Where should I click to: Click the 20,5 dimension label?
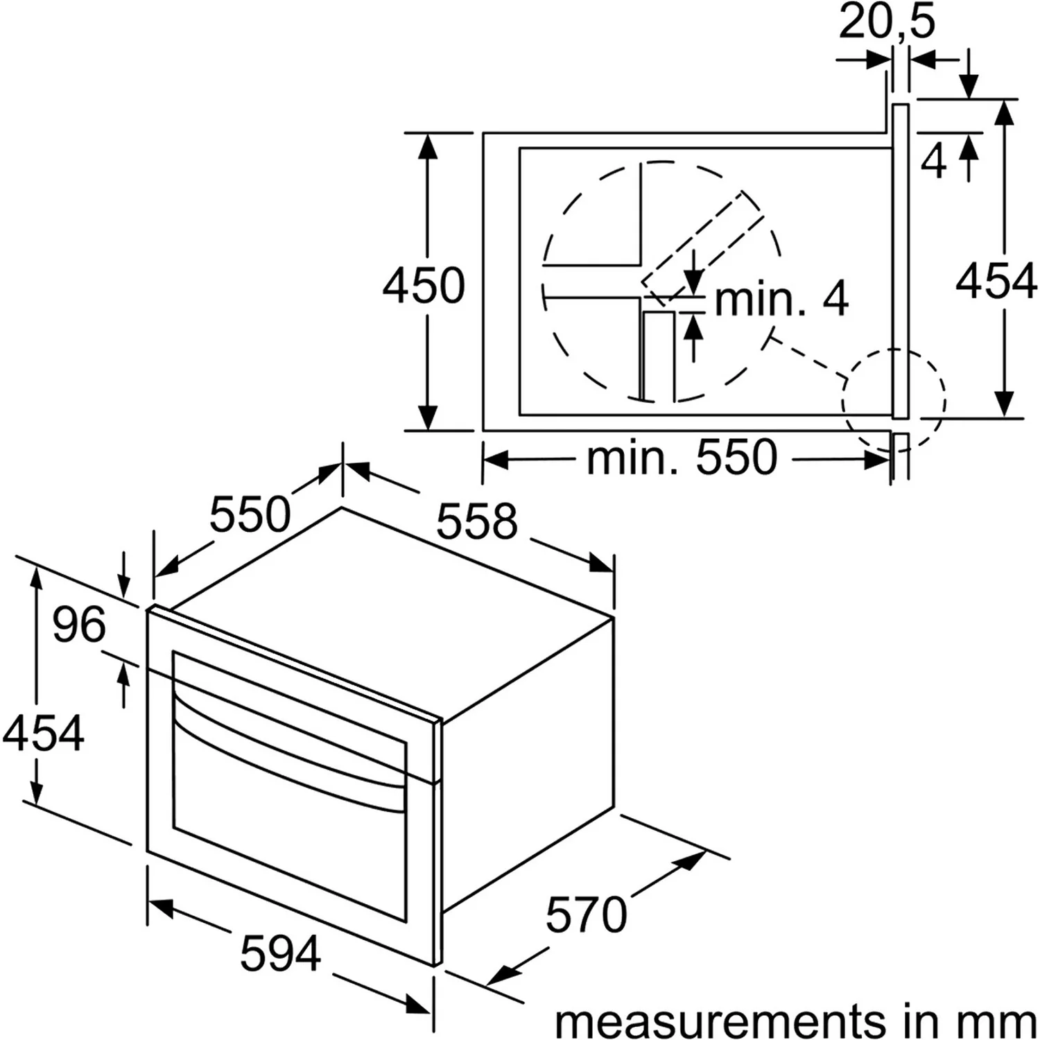point(887,22)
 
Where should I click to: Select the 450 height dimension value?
point(424,285)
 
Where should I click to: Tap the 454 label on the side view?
point(996,282)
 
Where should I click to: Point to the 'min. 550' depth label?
point(682,458)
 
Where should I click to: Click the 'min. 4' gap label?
point(781,300)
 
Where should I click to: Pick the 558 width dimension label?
point(477,521)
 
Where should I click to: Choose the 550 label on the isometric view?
point(250,514)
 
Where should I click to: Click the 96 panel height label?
point(79,625)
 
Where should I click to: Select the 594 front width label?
point(281,953)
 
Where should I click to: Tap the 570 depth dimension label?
point(586,915)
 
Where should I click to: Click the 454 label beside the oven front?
point(43,733)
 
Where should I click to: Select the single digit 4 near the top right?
point(934,162)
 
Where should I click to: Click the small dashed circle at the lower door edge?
point(893,399)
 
